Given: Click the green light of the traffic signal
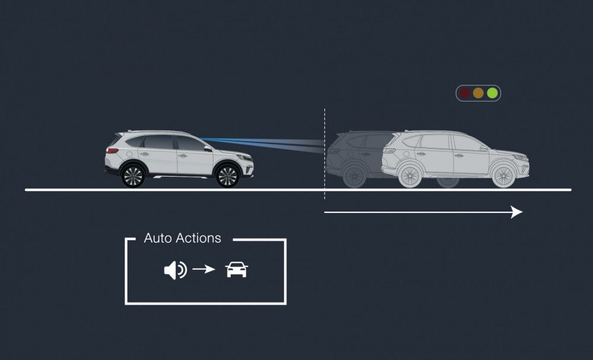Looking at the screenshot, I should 492,93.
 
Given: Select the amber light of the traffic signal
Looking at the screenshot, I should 478,93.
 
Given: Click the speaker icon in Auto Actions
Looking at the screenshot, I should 175,270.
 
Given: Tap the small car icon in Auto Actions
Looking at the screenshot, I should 237,270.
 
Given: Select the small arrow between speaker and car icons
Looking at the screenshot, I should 203,270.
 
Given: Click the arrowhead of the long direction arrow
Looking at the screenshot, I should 517,212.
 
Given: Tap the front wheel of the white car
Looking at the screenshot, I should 228,176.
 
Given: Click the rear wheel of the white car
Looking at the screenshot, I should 133,176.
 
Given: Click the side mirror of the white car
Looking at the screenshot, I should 208,148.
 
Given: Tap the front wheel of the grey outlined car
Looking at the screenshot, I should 503,176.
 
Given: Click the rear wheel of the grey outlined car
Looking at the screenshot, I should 409,176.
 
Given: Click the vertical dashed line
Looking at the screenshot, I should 325,154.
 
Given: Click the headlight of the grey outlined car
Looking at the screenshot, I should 521,158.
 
